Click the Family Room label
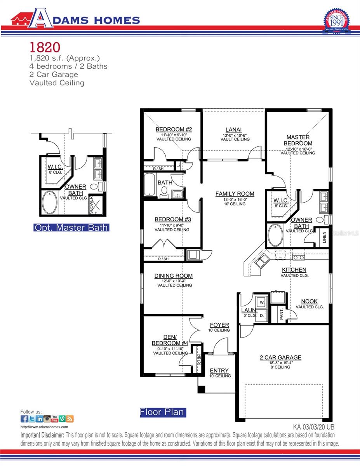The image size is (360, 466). click(235, 194)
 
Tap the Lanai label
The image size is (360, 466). click(233, 130)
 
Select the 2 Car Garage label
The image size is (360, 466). click(280, 358)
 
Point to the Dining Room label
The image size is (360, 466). click(174, 276)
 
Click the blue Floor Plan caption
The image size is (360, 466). click(163, 412)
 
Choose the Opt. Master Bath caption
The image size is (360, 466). click(71, 228)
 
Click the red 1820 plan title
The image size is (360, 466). click(45, 47)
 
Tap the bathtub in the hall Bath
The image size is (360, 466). click(150, 184)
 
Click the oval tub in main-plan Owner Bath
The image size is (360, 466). click(275, 235)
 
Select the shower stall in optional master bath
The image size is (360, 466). click(96, 205)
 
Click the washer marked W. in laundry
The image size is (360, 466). click(261, 302)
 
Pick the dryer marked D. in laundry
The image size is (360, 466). click(261, 315)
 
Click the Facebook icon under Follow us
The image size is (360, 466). click(24, 419)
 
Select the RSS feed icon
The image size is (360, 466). click(70, 419)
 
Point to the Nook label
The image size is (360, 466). click(310, 301)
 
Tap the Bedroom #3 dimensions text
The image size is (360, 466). click(172, 224)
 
